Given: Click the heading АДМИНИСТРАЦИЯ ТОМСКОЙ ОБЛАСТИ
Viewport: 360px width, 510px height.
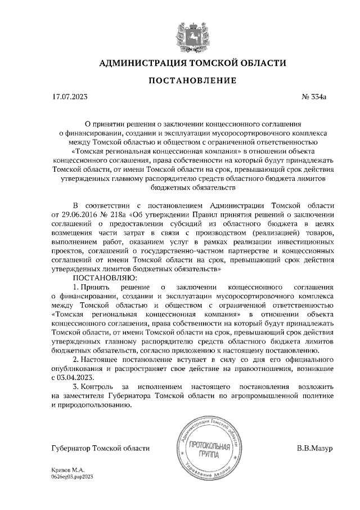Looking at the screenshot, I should click(x=180, y=62).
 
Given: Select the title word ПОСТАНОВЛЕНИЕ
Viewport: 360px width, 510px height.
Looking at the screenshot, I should click(x=180, y=81).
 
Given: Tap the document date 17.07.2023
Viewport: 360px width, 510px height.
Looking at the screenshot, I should click(x=70, y=97).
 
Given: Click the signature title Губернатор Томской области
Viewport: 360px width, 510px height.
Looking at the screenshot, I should click(x=100, y=448).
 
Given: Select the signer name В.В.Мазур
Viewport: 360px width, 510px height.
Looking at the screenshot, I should click(x=315, y=448).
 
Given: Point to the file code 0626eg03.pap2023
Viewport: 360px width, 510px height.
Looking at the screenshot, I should click(x=72, y=476).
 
